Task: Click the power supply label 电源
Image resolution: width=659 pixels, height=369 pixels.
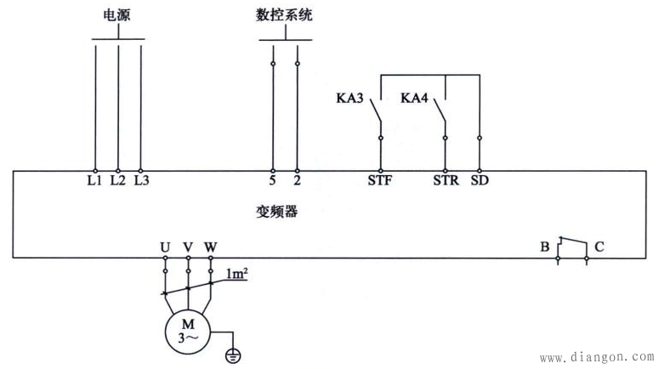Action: (x=116, y=16)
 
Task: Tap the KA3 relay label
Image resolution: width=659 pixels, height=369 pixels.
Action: (x=350, y=99)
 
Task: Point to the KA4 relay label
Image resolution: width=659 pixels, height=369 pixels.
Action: (x=414, y=99)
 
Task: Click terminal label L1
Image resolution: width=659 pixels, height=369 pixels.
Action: (x=94, y=180)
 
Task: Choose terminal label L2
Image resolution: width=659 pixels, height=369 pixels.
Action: (x=117, y=180)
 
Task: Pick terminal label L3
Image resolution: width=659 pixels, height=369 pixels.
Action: (x=141, y=180)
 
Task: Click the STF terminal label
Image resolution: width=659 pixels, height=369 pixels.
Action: (x=379, y=180)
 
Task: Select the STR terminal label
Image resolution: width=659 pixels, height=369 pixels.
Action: (x=445, y=180)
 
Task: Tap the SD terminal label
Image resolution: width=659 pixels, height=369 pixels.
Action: (x=480, y=180)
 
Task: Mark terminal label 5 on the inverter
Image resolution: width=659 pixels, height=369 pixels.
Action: (x=273, y=180)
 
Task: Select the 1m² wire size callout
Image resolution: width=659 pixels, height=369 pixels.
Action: (x=236, y=274)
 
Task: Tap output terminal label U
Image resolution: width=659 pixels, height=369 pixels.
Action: (x=164, y=247)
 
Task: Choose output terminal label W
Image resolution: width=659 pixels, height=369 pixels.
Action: (x=211, y=247)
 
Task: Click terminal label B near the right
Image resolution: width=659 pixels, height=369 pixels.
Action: (x=544, y=247)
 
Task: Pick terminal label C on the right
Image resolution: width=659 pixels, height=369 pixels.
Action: (x=599, y=247)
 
